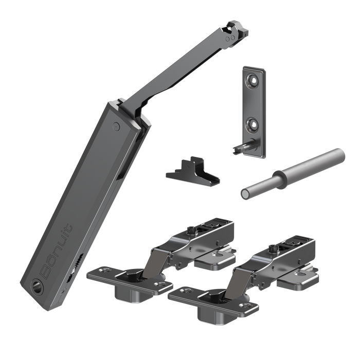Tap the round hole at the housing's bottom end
[38, 284]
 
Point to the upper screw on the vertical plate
[254, 80]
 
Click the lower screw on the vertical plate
[251, 123]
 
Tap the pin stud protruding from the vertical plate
[239, 147]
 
